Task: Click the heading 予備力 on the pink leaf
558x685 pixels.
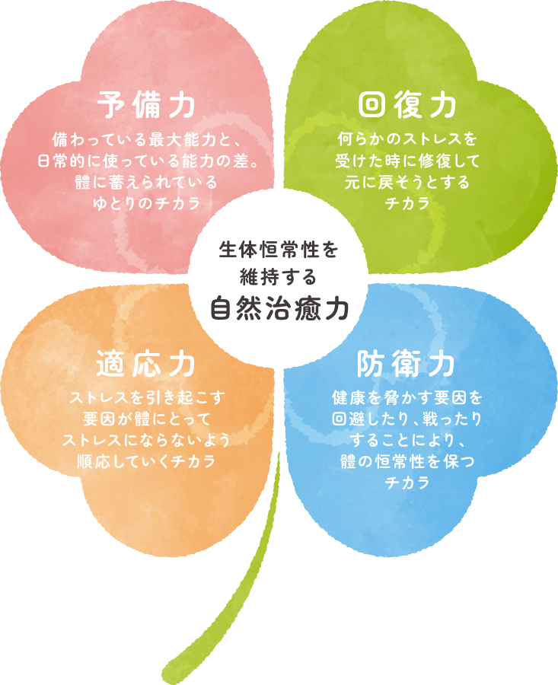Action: pyautogui.click(x=147, y=105)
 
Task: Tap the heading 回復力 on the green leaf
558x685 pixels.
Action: pyautogui.click(x=407, y=105)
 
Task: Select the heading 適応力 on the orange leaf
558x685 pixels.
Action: pyautogui.click(x=147, y=364)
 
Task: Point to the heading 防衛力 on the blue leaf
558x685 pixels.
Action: pyautogui.click(x=407, y=364)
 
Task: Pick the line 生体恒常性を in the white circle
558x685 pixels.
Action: pyautogui.click(x=279, y=250)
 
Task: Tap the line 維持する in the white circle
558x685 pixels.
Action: pyautogui.click(x=279, y=275)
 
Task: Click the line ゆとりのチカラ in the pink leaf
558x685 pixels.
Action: pyautogui.click(x=147, y=204)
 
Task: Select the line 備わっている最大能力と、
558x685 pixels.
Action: pyautogui.click(x=147, y=141)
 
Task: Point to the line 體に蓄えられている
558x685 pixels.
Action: pyautogui.click(x=147, y=183)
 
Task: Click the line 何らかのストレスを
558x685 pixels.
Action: pyautogui.click(x=407, y=141)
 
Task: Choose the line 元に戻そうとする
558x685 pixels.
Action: pyautogui.click(x=407, y=183)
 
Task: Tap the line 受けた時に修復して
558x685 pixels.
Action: pyautogui.click(x=407, y=161)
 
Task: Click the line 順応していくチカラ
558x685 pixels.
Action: pyautogui.click(x=147, y=461)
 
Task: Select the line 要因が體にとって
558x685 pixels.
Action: pyautogui.click(x=147, y=419)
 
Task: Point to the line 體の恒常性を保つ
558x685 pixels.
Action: pyautogui.click(x=407, y=461)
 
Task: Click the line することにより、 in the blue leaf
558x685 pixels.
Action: pyautogui.click(x=407, y=440)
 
